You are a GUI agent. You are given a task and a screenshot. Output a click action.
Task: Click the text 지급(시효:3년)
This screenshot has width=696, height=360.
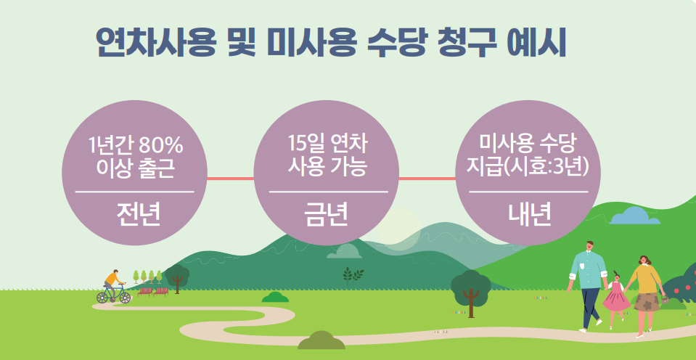(x=528, y=165)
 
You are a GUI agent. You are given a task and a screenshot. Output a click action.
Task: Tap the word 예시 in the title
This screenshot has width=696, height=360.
(x=536, y=41)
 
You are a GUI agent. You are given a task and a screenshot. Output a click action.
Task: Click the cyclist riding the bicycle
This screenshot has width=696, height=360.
(x=113, y=288)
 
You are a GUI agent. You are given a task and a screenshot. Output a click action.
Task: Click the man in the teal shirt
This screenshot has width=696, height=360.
(x=588, y=283)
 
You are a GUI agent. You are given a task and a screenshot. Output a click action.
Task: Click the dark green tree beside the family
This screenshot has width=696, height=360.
(x=470, y=289)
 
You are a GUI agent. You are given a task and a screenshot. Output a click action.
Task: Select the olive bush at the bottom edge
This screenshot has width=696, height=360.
(x=322, y=340)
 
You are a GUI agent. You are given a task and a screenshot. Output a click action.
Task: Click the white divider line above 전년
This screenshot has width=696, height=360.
(x=135, y=192)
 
